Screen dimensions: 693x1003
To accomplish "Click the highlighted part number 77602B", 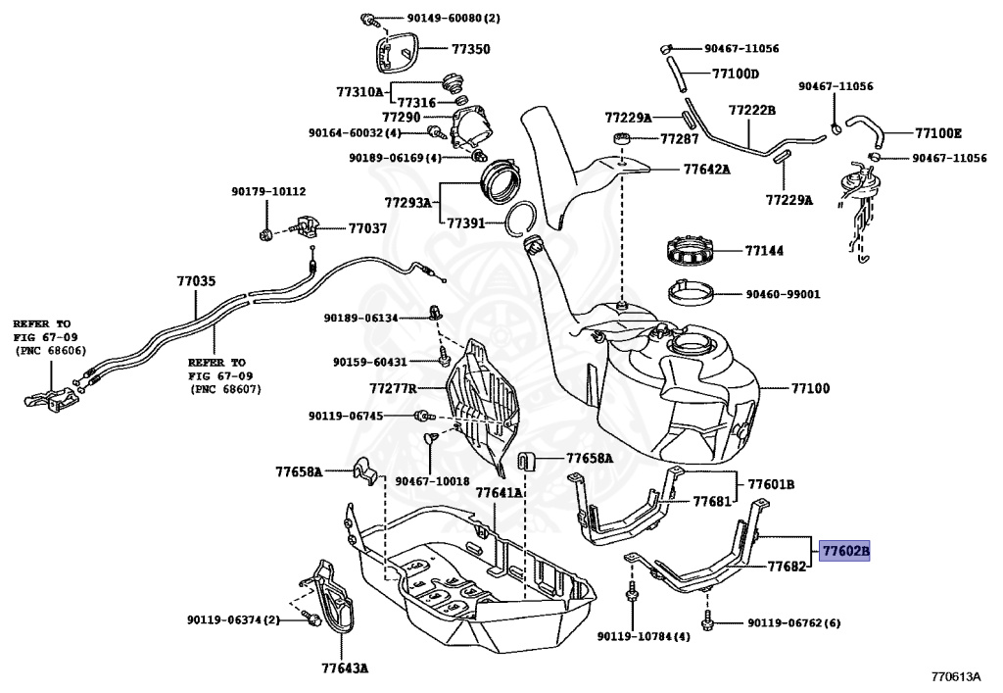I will pyautogui.click(x=844, y=552).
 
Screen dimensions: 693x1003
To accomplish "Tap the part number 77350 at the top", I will pyautogui.click(x=470, y=48).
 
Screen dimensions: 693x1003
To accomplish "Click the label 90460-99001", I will pyautogui.click(x=783, y=293).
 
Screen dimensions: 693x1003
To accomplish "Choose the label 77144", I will pyautogui.click(x=764, y=251).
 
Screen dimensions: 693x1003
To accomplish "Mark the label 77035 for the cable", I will pyautogui.click(x=196, y=281).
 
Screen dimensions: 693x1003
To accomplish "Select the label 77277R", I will pyautogui.click(x=393, y=388).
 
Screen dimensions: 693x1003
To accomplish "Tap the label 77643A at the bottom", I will pyautogui.click(x=344, y=669).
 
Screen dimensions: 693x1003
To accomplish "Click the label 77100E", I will pyautogui.click(x=938, y=132).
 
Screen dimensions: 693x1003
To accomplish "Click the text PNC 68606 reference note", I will pyautogui.click(x=49, y=351).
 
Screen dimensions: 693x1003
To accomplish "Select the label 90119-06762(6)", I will pyautogui.click(x=793, y=621).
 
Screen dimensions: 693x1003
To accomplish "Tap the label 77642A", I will pyautogui.click(x=706, y=169).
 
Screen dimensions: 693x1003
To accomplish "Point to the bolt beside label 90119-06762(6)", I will pyautogui.click(x=706, y=620).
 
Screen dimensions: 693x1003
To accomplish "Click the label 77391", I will pyautogui.click(x=467, y=223).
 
